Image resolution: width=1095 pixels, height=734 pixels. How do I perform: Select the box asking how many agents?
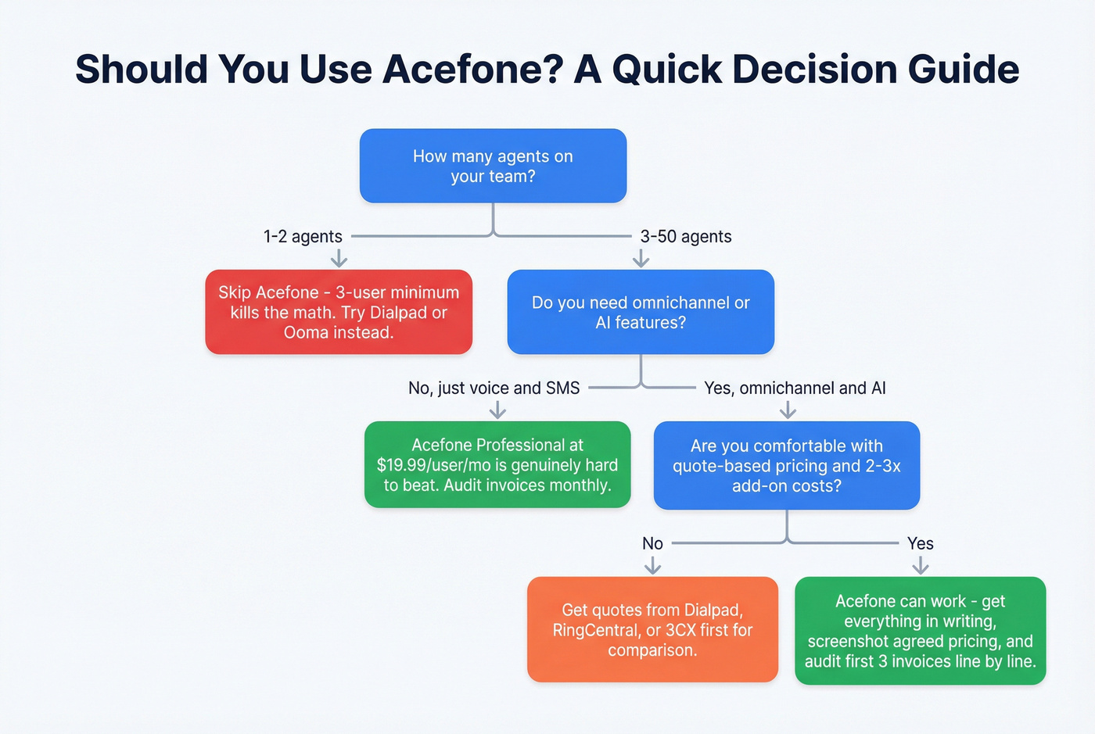tap(493, 166)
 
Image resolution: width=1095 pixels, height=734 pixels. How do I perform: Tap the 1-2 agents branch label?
tap(303, 236)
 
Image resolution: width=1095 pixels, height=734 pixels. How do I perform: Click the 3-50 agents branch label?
tap(686, 236)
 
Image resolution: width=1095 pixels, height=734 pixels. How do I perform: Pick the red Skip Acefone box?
tap(339, 312)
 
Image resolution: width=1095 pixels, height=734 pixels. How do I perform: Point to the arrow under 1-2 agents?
tap(339, 258)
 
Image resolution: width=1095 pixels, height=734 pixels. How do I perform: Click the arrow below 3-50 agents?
tap(641, 258)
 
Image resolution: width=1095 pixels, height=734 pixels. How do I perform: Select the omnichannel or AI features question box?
tap(641, 312)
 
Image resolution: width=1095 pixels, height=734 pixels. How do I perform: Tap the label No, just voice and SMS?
tap(494, 388)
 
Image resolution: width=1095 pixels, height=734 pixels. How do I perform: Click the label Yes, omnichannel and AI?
tap(795, 388)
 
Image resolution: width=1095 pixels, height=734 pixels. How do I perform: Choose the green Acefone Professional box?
tap(497, 464)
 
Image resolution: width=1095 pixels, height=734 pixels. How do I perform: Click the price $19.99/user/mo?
tap(433, 465)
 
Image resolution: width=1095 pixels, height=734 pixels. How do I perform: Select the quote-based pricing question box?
tap(786, 465)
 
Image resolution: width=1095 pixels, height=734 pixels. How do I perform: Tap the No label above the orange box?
tap(652, 543)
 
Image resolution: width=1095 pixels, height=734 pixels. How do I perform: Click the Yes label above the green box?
tap(921, 543)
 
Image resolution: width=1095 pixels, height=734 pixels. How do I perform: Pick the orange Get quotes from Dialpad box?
tap(652, 629)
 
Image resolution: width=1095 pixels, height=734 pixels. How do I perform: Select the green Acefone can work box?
tap(920, 631)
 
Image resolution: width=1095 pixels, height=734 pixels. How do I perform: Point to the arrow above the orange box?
tap(652, 565)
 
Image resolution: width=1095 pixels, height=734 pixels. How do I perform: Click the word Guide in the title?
tap(964, 70)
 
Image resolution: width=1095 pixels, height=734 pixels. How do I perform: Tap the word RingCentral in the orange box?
tap(595, 630)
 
